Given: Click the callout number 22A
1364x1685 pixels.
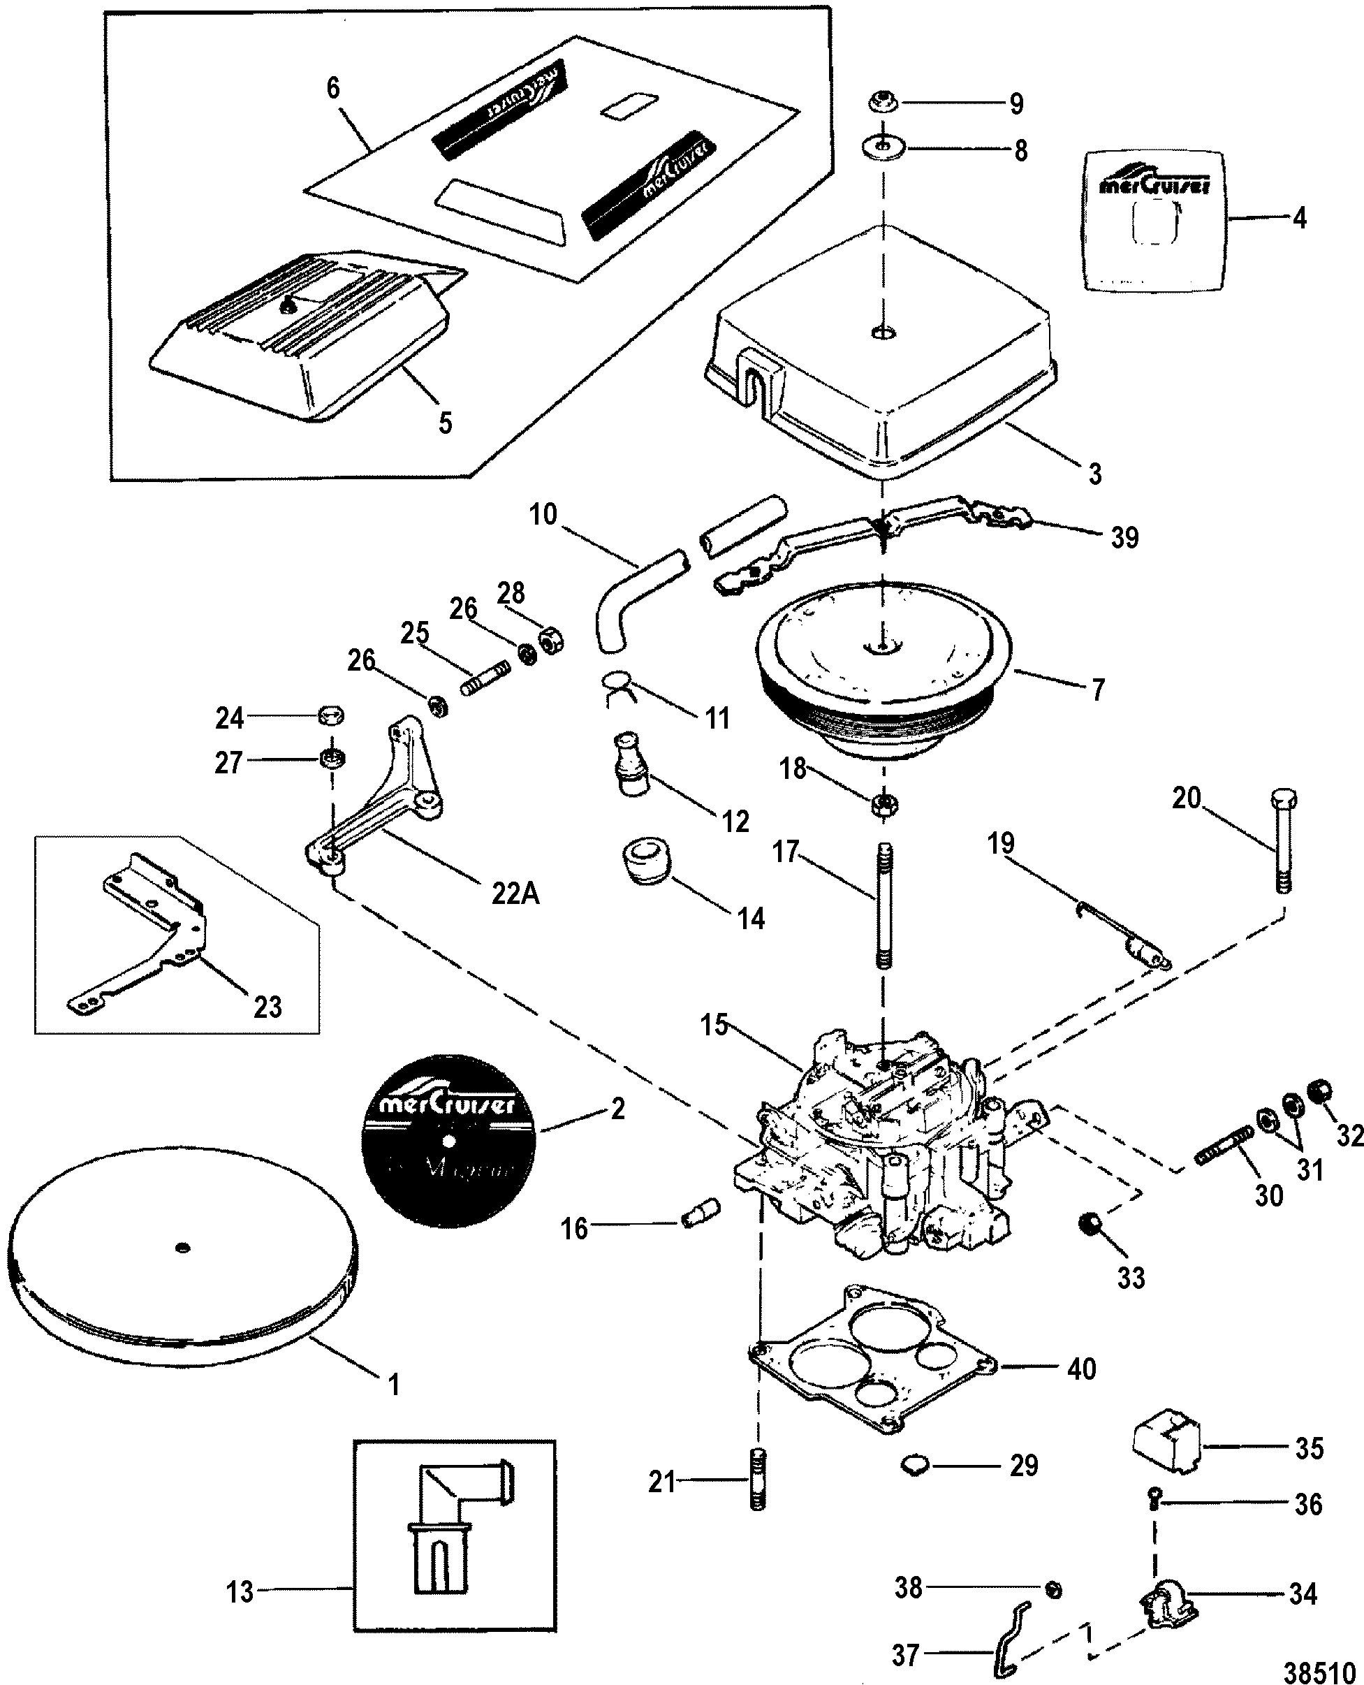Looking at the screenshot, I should [515, 893].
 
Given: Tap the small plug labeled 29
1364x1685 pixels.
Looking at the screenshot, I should [913, 1464].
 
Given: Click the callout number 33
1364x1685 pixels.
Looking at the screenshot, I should [1131, 1278].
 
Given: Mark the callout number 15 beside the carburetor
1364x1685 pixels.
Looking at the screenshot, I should [715, 1026].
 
